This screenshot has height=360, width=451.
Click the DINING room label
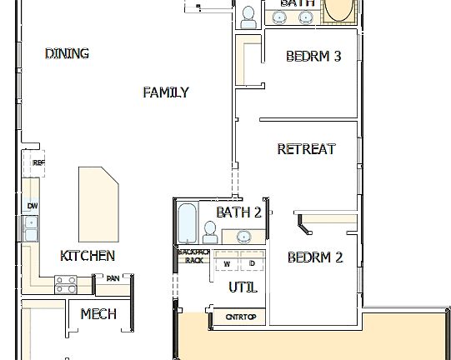tap(67, 54)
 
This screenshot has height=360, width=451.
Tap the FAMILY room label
tap(165, 92)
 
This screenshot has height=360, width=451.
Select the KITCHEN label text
tap(88, 256)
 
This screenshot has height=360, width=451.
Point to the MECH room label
tap(98, 314)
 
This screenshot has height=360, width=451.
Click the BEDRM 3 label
tap(313, 57)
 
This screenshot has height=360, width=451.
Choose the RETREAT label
tap(306, 149)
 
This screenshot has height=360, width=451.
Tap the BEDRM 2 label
tap(315, 257)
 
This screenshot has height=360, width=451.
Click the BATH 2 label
tap(239, 212)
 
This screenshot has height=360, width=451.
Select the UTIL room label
tap(243, 287)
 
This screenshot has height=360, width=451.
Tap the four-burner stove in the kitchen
tap(66, 284)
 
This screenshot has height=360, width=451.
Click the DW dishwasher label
tap(32, 206)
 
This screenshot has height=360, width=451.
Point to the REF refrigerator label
tap(38, 163)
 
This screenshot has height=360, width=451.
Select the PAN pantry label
tap(112, 278)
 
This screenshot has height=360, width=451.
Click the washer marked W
tap(226, 264)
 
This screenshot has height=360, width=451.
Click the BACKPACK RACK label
tap(193, 255)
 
